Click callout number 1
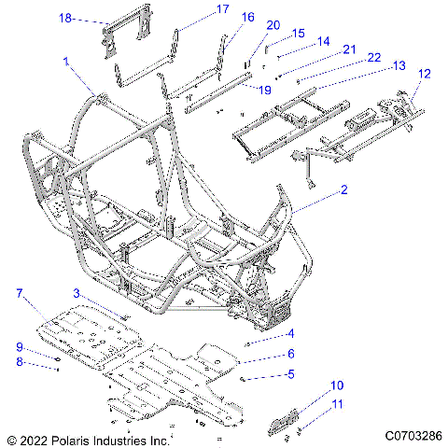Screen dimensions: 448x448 tap(66, 61)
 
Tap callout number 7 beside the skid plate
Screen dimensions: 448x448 tap(18, 294)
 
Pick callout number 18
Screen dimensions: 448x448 tap(65, 18)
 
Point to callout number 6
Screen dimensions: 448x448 tap(290, 354)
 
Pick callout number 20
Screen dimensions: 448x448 tap(273, 25)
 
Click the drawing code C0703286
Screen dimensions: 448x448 tap(411, 435)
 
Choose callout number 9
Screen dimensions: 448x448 tap(18, 347)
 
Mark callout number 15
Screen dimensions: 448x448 tap(298, 33)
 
